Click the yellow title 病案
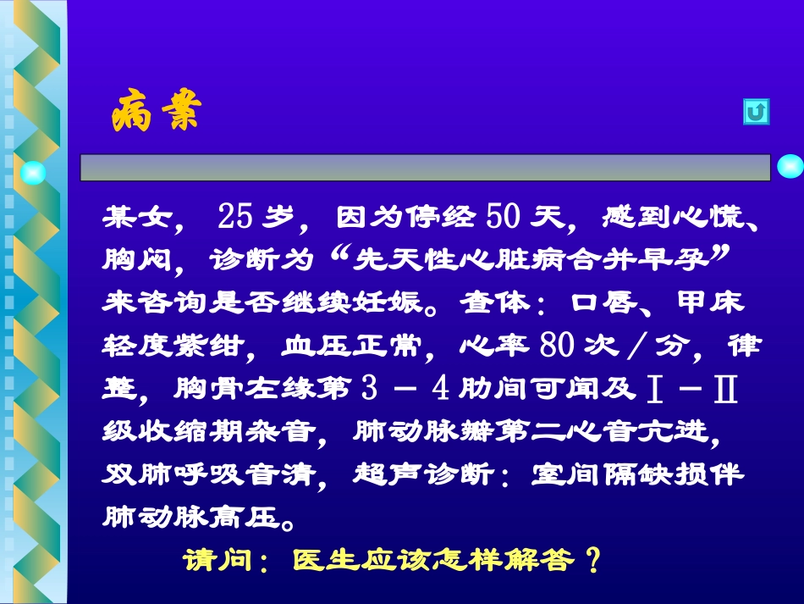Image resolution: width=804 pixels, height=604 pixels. (x=156, y=114)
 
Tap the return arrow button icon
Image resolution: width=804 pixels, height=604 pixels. (x=756, y=113)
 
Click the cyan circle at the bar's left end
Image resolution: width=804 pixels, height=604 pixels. (x=33, y=173)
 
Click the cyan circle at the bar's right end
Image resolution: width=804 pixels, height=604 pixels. (x=790, y=166)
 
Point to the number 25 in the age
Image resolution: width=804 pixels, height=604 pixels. (x=235, y=218)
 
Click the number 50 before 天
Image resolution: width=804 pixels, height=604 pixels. (x=505, y=218)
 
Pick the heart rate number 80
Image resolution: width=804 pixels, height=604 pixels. (x=557, y=346)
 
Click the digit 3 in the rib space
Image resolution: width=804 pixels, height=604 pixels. (x=367, y=389)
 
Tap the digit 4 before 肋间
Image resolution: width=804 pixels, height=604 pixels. (x=439, y=389)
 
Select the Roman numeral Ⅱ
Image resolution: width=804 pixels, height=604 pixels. (x=726, y=389)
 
